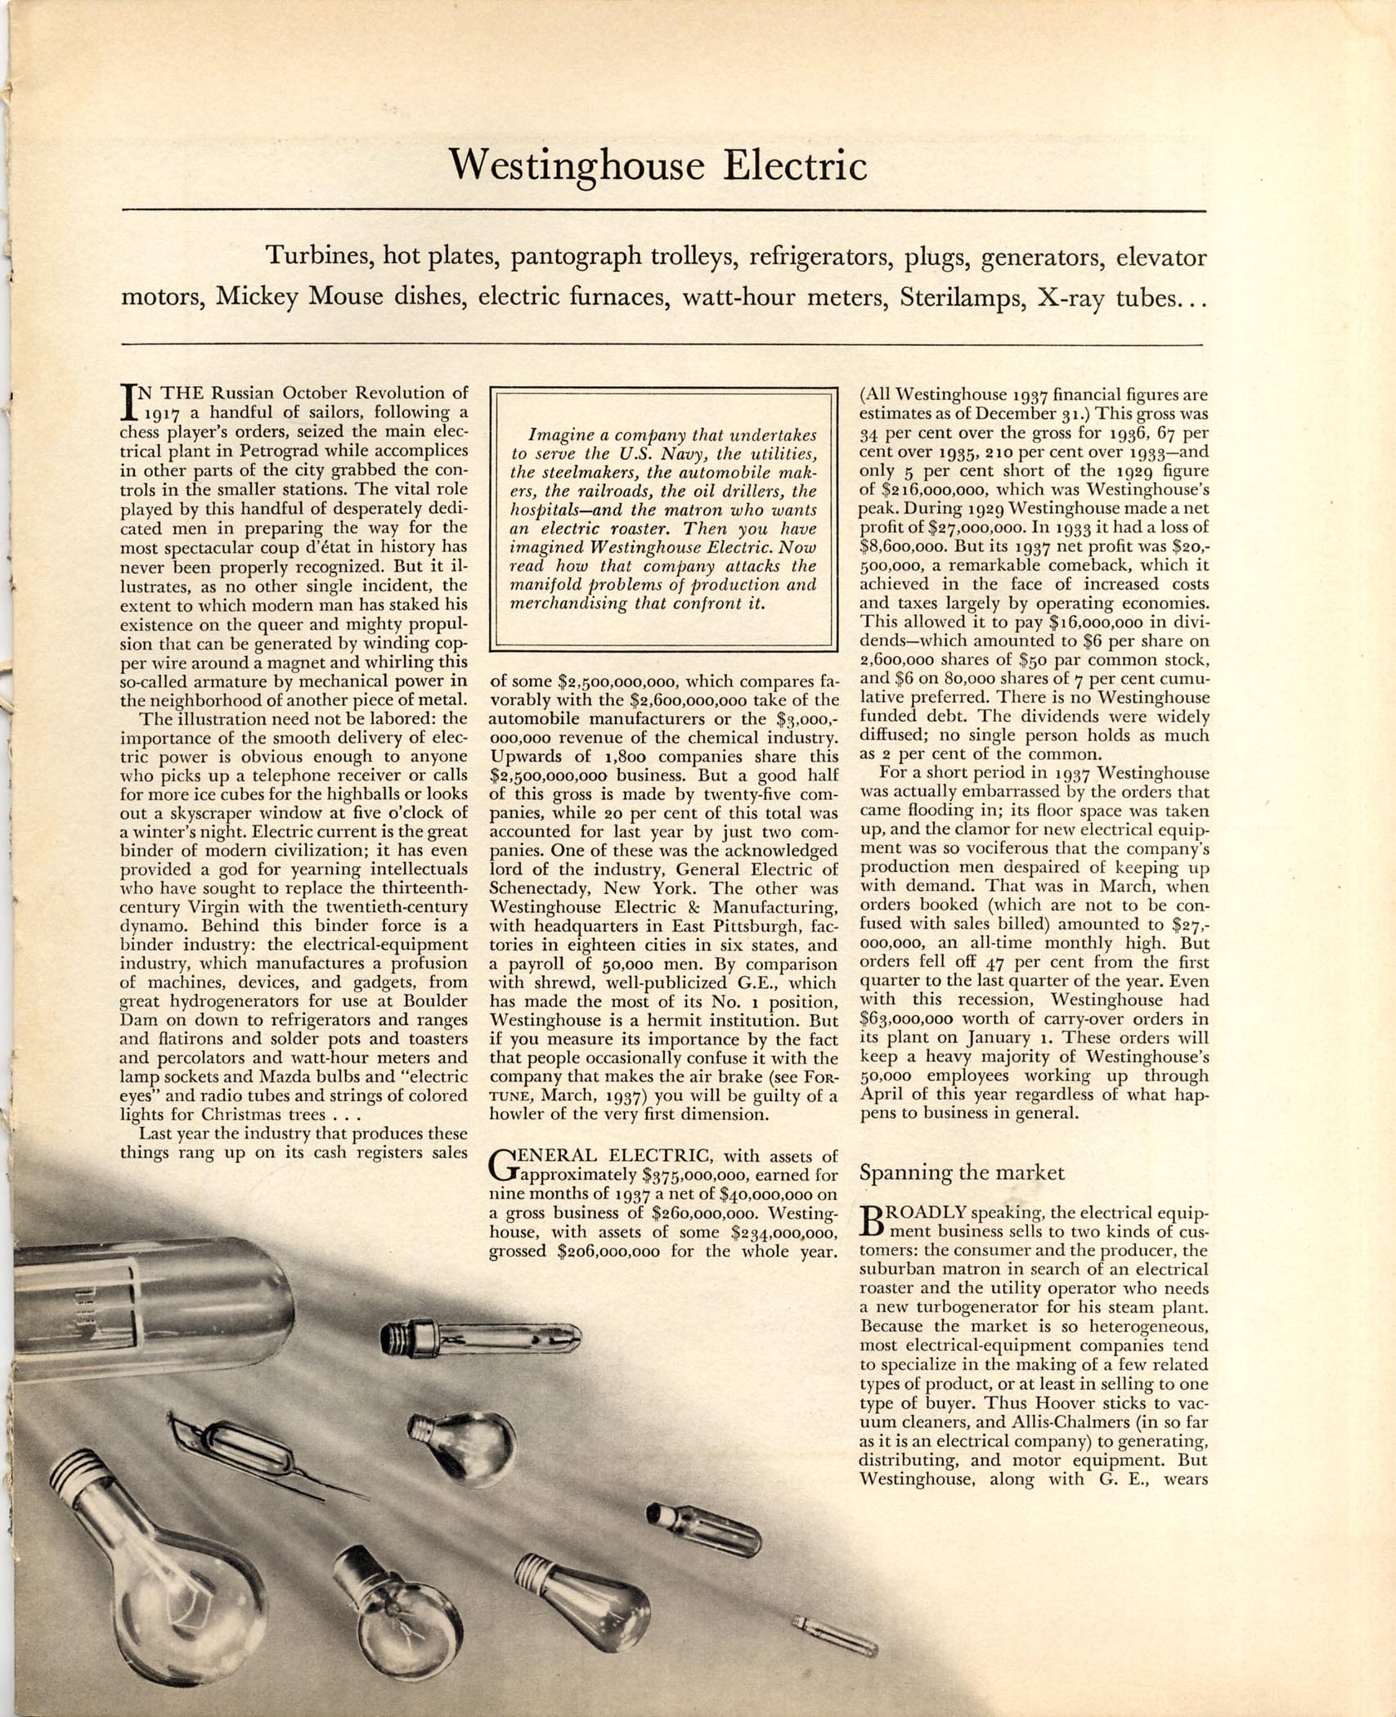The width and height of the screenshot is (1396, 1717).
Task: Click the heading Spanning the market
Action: (962, 1172)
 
